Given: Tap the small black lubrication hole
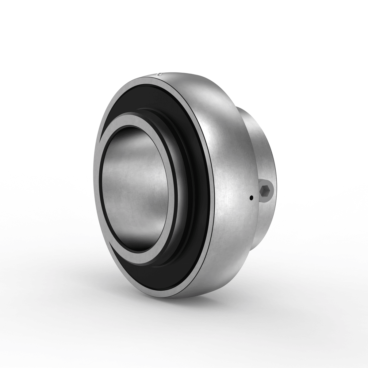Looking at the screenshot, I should click(x=251, y=198).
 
